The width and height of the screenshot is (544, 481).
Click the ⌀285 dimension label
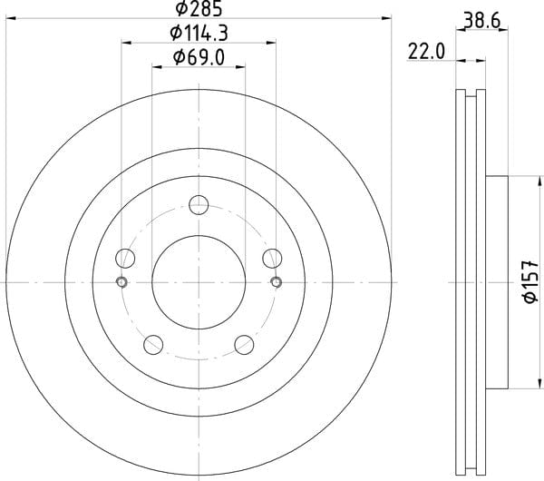coord(199,9)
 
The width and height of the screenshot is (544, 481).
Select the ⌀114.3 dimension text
coord(199,34)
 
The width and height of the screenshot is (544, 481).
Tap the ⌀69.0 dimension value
coord(199,57)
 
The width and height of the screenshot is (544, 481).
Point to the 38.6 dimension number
coord(482,21)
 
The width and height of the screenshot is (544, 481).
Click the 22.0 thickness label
coord(426,52)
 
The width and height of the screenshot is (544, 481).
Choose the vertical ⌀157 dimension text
coord(530,282)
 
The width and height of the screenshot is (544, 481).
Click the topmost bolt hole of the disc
coord(199,205)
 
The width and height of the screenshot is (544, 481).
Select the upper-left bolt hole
coord(125,259)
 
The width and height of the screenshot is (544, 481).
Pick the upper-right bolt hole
coord(272,259)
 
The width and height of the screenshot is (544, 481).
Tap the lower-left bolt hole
coord(153,345)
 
